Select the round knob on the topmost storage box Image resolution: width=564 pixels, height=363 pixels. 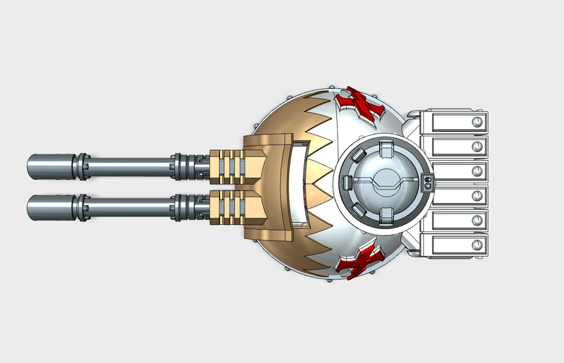coord(478,123)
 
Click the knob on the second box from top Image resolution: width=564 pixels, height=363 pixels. coord(478,147)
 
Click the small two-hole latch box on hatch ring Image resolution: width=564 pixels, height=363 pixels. coord(427,185)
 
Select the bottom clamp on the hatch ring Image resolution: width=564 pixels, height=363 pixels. coord(384,216)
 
